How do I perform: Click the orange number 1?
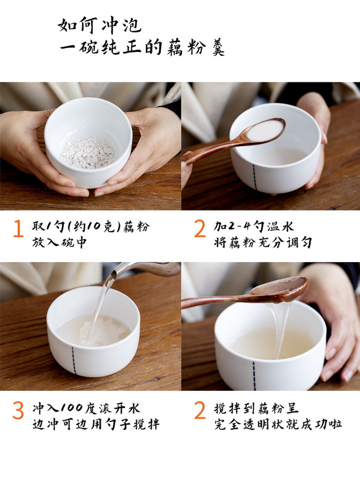(x=18, y=228)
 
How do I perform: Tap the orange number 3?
(x=18, y=410)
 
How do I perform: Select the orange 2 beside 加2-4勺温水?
(x=200, y=228)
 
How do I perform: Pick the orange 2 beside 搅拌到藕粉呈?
(x=200, y=410)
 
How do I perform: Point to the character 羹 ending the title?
(x=218, y=48)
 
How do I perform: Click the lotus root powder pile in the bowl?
(x=87, y=152)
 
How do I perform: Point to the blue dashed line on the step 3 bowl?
(x=74, y=360)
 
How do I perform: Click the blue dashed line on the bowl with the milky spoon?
(x=255, y=177)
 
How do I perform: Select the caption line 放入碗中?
(x=59, y=243)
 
